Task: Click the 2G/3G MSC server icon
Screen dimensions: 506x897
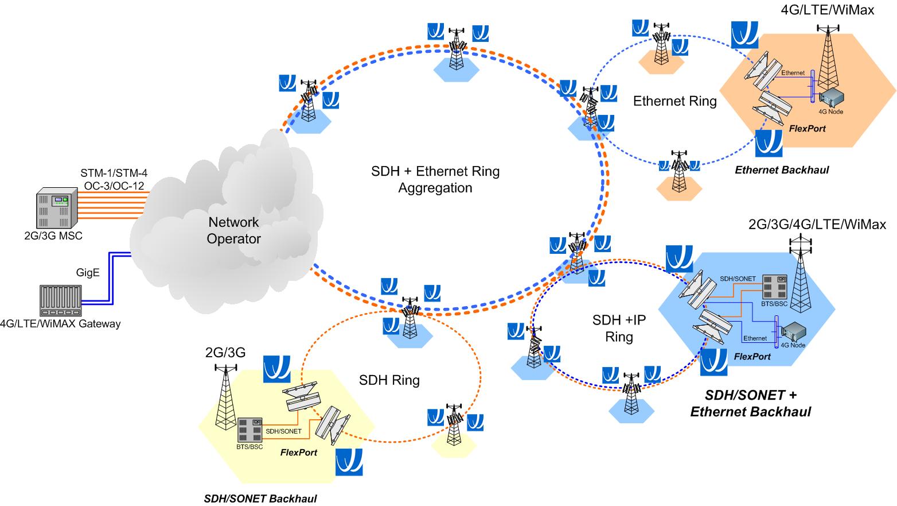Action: coord(57,208)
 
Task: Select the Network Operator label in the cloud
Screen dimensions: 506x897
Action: coord(234,230)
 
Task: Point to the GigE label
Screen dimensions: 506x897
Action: coord(88,272)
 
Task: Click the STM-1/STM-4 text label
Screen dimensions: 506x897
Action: coord(114,172)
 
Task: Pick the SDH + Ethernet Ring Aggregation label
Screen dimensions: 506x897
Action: coord(435,179)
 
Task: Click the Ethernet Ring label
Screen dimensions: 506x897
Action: coord(674,102)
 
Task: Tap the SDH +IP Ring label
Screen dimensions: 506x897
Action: coord(619,328)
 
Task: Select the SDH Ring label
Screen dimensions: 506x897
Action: coord(389,380)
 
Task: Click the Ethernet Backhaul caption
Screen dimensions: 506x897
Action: coord(782,170)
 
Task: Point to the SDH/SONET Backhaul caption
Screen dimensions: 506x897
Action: coord(260,499)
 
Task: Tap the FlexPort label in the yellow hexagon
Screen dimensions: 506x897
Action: coord(298,453)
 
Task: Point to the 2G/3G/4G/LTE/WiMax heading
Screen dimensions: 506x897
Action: coord(817,224)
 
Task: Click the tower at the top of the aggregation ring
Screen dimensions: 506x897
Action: coord(456,49)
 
